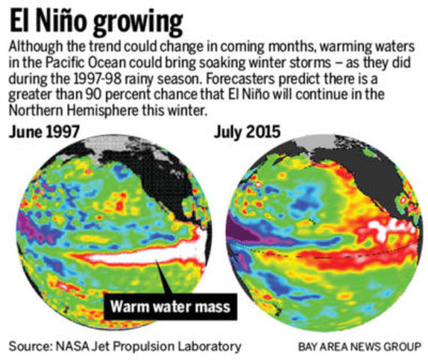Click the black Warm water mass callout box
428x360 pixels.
[x=167, y=305]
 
